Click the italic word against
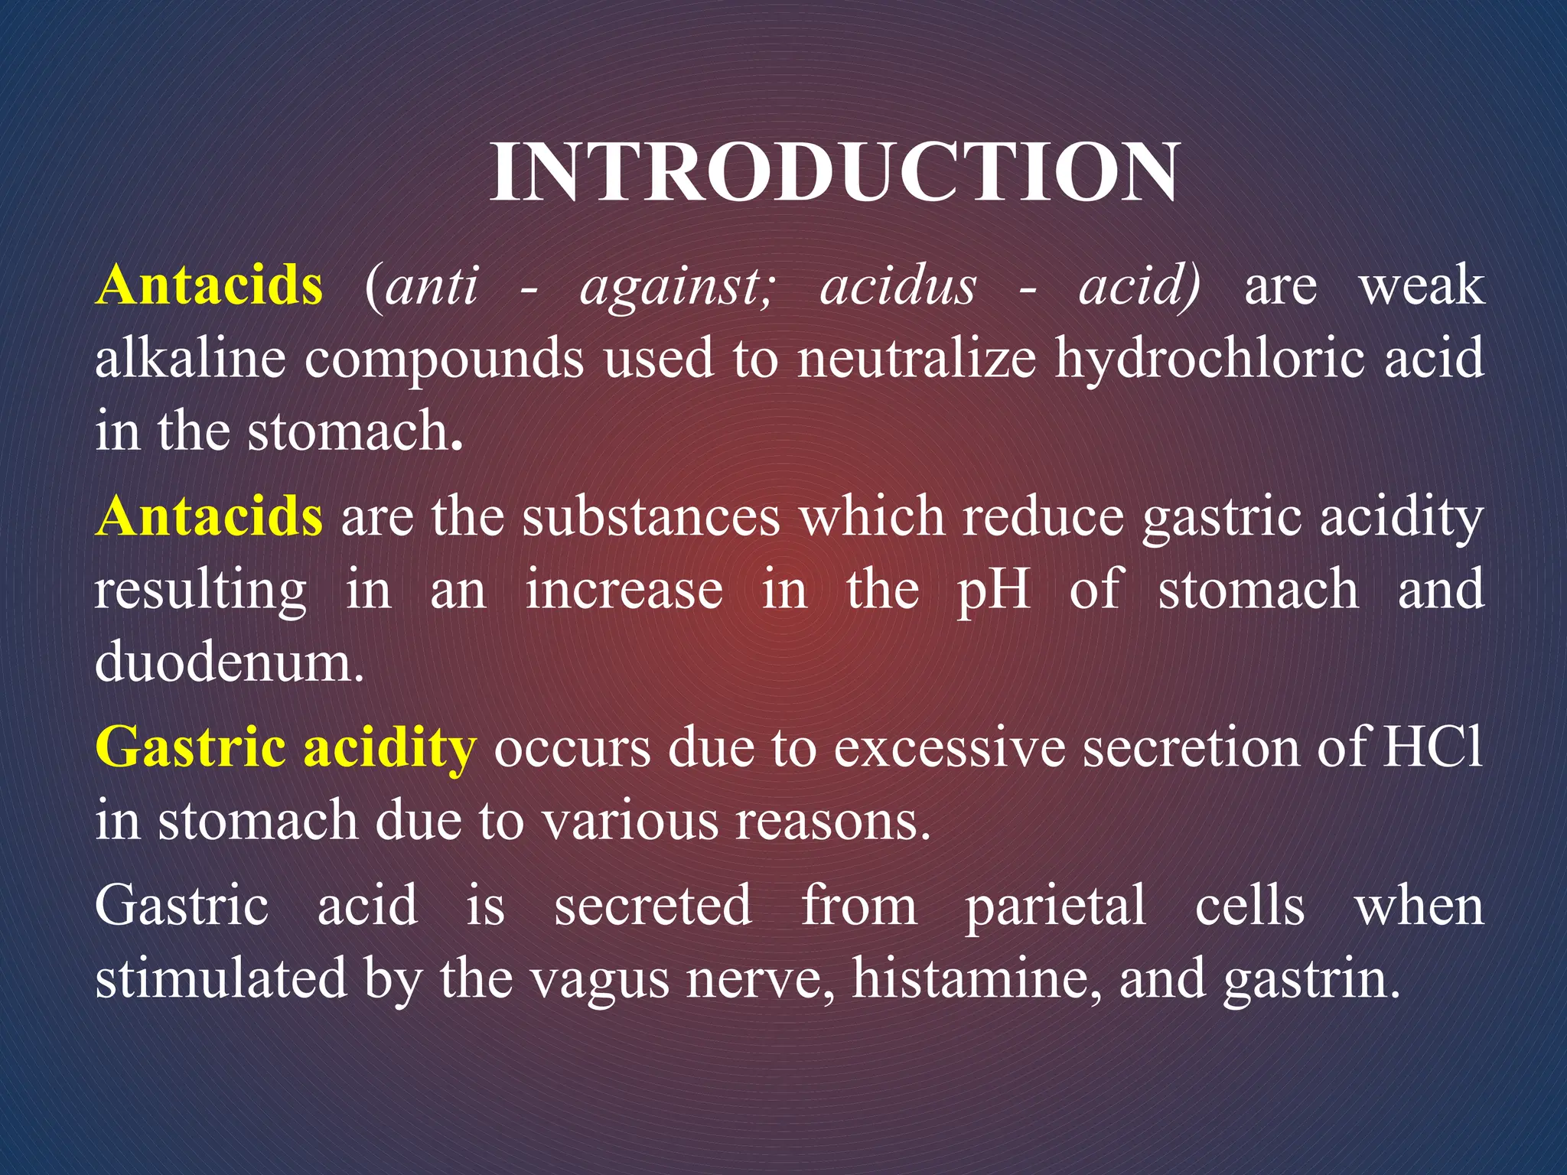[x=677, y=287]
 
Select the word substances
[x=651, y=516]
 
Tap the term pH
[x=993, y=591]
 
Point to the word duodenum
[x=229, y=662]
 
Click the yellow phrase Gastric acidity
[x=285, y=747]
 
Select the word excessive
[x=949, y=747]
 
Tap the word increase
[x=624, y=590]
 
